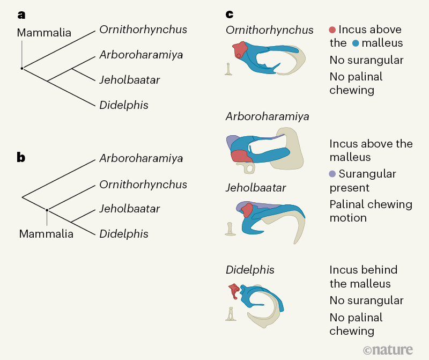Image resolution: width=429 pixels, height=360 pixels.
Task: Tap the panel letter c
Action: (x=229, y=14)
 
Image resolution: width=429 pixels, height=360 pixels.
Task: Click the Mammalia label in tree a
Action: (x=44, y=33)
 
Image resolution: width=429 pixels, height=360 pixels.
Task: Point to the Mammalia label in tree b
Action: (x=46, y=234)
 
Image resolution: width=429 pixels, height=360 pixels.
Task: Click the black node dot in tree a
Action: (x=22, y=69)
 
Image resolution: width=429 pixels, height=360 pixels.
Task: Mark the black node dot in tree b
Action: (x=47, y=210)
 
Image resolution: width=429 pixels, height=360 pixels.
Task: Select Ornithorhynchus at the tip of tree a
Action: (x=143, y=30)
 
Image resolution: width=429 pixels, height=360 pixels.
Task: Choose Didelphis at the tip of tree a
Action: (x=123, y=105)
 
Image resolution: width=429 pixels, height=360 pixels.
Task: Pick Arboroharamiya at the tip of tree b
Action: (x=141, y=158)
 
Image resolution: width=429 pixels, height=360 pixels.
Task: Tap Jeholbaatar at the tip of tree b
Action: (x=129, y=209)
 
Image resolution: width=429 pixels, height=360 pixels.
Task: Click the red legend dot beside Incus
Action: (x=333, y=30)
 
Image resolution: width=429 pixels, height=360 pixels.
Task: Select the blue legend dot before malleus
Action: (x=356, y=43)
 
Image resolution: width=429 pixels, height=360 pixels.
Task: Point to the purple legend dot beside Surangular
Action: (x=333, y=174)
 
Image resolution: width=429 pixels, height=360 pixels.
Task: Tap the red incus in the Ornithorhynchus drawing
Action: (x=240, y=50)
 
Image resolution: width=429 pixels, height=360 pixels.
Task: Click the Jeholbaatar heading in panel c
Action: (x=256, y=188)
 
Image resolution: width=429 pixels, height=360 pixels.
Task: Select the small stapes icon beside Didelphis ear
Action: (x=231, y=313)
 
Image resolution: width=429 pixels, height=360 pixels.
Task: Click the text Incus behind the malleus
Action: (x=363, y=277)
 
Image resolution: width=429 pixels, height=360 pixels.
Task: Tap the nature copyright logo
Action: (x=388, y=350)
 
